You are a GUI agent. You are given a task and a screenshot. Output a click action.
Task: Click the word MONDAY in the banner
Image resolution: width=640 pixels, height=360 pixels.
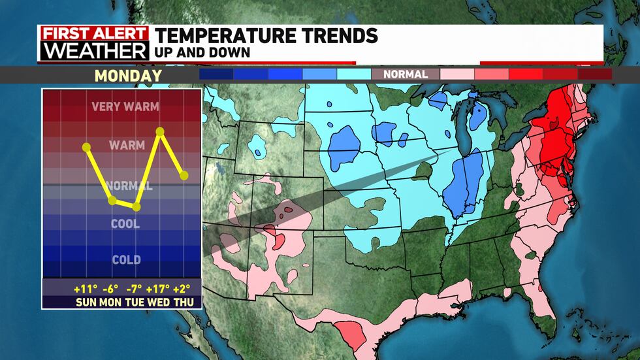(x=128, y=75)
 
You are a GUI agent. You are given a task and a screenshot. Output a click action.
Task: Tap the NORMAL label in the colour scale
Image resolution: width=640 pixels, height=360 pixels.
(x=406, y=74)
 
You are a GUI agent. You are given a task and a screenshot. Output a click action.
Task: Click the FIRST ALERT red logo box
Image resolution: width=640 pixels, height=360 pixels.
(x=93, y=34)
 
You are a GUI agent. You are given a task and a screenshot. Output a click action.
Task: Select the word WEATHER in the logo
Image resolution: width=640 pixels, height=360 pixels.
(x=93, y=52)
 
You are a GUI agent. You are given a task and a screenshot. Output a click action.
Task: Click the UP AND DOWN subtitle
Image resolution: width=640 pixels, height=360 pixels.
(x=202, y=52)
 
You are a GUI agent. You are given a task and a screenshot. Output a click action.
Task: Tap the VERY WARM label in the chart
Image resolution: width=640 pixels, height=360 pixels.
(x=126, y=106)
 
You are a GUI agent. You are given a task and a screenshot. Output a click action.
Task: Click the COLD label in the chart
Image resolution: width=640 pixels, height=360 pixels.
(x=126, y=260)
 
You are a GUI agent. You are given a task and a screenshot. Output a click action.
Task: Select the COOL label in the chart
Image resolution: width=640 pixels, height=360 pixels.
(x=126, y=224)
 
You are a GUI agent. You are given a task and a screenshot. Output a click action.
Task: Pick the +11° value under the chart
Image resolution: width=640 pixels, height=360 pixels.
(x=86, y=288)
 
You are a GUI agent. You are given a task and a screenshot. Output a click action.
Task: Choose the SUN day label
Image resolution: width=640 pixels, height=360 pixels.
(x=87, y=303)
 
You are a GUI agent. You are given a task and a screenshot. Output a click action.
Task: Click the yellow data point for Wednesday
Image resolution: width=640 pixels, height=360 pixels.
(x=160, y=131)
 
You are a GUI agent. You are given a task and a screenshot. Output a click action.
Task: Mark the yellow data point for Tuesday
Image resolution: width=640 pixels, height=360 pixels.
(x=136, y=207)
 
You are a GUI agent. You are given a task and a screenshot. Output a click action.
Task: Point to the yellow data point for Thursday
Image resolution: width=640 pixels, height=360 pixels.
(x=184, y=175)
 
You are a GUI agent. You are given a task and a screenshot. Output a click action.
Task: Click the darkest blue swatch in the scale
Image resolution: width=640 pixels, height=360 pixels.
(x=216, y=74)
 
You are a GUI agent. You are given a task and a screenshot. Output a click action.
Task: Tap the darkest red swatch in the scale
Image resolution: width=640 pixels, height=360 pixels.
(x=594, y=74)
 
